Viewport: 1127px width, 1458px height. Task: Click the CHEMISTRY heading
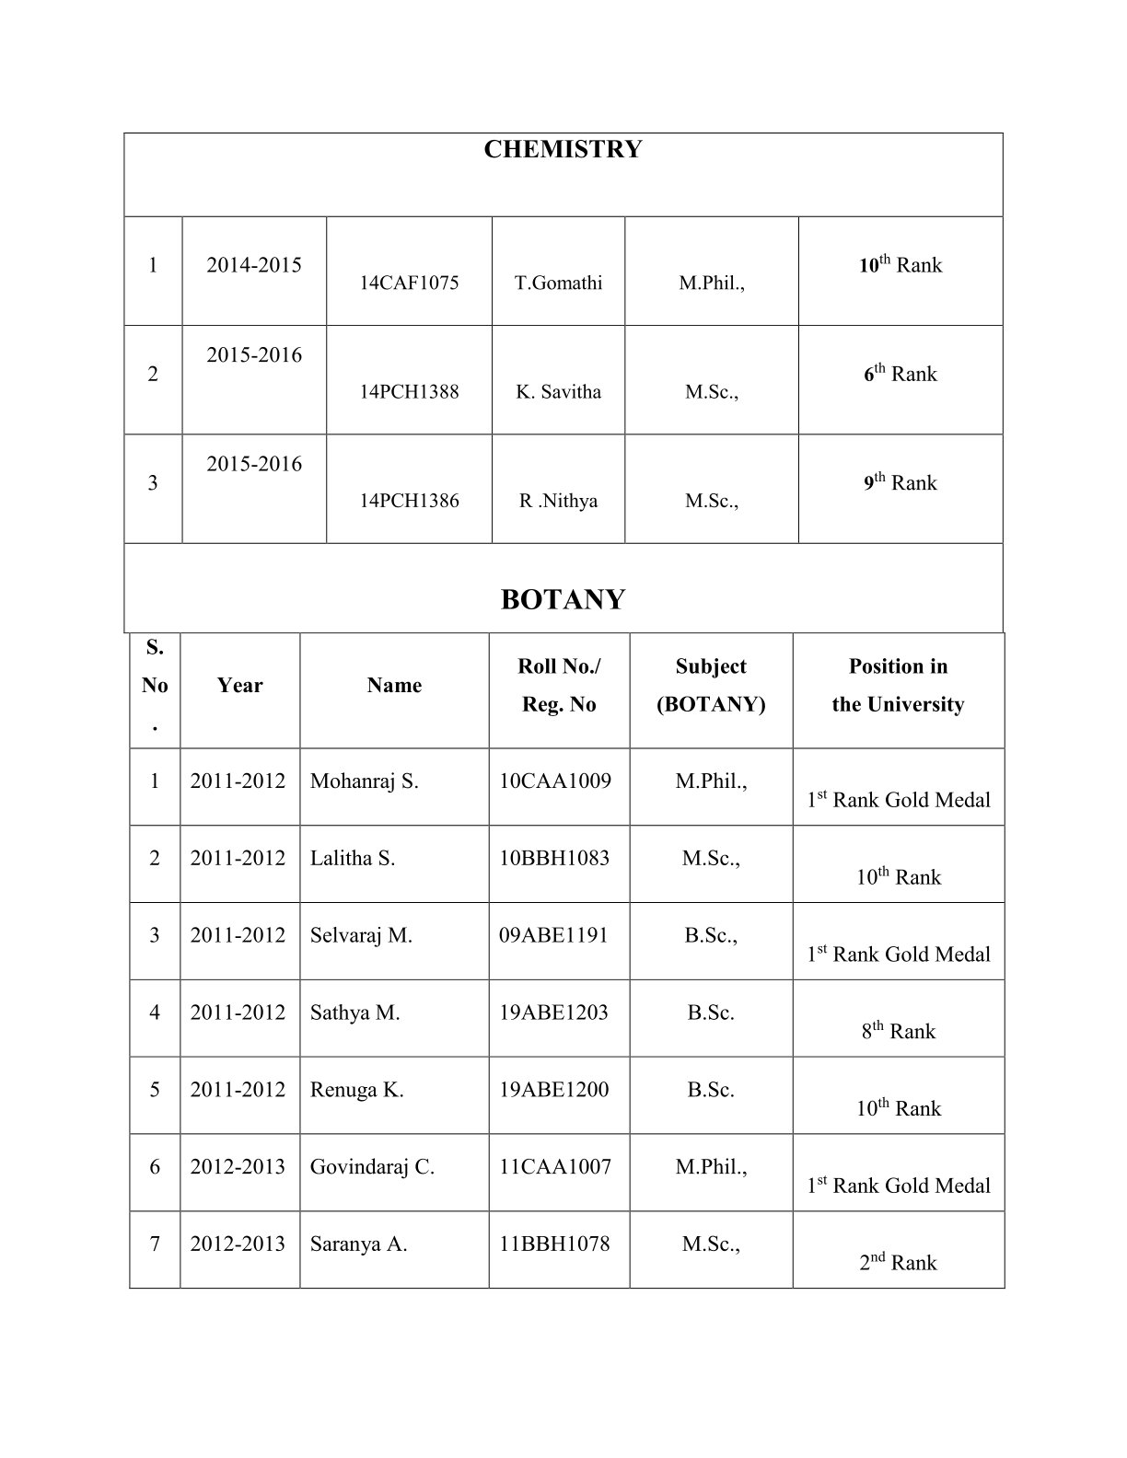point(563,149)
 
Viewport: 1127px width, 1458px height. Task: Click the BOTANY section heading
point(563,599)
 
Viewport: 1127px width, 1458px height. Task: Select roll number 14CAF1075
point(409,283)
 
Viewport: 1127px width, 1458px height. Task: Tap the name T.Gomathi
point(558,283)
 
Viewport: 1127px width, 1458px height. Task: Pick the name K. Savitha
point(558,391)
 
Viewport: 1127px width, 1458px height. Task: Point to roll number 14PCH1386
point(409,501)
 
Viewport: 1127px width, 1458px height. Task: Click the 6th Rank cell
point(900,373)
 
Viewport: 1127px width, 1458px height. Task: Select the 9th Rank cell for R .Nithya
point(900,482)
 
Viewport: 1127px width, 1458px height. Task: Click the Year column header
point(239,685)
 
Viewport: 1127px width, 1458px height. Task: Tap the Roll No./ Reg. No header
point(559,685)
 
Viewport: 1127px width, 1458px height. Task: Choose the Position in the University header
point(898,685)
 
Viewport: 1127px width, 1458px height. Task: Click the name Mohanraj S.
point(364,781)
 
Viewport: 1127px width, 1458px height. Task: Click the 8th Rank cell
point(898,1031)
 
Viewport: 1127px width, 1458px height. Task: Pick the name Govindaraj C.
point(372,1167)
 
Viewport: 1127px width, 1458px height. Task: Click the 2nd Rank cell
point(898,1262)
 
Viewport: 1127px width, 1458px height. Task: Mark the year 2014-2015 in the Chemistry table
point(254,265)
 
